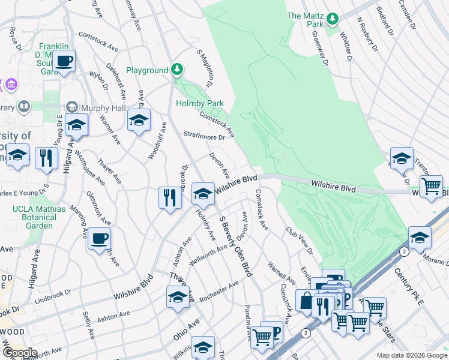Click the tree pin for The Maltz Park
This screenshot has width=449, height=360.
point(332,19)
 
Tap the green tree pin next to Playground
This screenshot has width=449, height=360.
point(176,70)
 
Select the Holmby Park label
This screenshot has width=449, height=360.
point(199,103)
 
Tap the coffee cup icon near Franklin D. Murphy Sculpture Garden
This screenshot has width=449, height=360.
point(63,61)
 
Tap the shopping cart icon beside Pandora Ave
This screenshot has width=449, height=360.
point(262,337)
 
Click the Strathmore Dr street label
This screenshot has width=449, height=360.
point(204,136)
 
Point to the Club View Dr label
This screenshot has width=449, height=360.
point(300,240)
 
